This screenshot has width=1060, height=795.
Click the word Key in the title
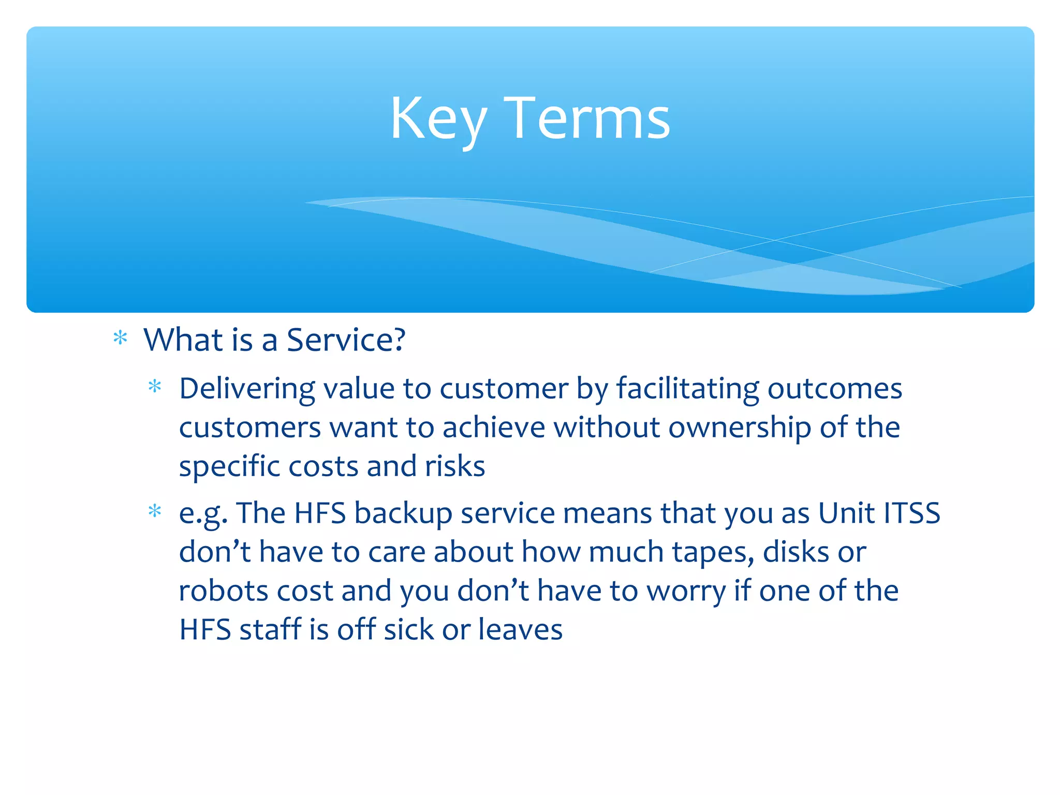click(438, 120)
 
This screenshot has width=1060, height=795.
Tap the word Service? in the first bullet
click(346, 340)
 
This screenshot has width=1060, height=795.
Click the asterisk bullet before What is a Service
click(120, 338)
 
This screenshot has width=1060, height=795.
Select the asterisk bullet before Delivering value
click(155, 386)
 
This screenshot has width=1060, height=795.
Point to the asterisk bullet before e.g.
click(155, 511)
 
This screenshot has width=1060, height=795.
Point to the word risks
click(454, 466)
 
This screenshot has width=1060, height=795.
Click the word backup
click(403, 514)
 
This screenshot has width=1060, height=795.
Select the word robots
click(223, 591)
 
